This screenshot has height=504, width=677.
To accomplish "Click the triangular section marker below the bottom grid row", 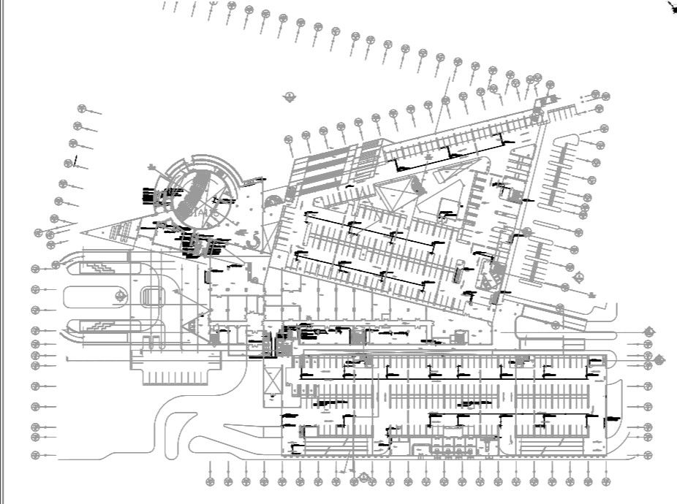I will click(363, 478).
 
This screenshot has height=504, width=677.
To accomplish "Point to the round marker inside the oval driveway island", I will click(119, 296).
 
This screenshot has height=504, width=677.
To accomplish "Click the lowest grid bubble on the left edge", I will click(34, 455).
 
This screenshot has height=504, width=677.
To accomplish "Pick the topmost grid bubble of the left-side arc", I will click(82, 110).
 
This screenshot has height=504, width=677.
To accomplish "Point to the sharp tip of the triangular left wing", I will click(83, 233).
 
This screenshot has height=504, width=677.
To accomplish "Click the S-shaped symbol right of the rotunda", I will click(254, 237).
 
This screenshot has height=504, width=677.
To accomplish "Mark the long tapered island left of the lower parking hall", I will click(165, 431).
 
